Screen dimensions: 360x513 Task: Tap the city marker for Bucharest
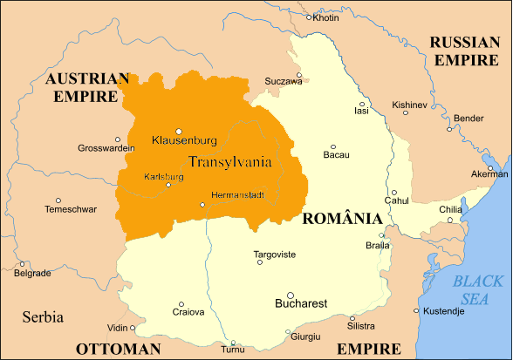point(291,295)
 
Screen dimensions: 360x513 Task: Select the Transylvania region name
point(229,161)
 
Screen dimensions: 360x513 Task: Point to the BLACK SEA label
point(478,289)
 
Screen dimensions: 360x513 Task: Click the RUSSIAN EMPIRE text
point(465,51)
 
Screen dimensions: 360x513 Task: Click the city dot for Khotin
point(309,17)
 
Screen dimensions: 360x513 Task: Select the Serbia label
point(44,316)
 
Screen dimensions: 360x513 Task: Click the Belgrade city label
point(32,273)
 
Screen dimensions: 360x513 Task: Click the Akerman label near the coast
point(489,174)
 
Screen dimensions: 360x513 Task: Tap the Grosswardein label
point(106,148)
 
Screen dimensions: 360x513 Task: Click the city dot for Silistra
point(352,318)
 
